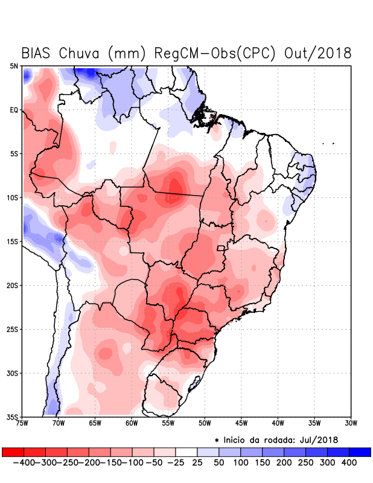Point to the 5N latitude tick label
pyautogui.click(x=14, y=66)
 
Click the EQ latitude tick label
pyautogui.click(x=14, y=110)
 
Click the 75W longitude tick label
pyautogui.click(x=23, y=423)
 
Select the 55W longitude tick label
pyautogui.click(x=168, y=423)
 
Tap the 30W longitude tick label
pyautogui.click(x=351, y=423)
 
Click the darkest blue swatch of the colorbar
pyautogui.click(x=360, y=452)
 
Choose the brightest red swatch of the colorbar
pyautogui.click(x=13, y=452)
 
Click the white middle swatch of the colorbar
pyautogui.click(x=186, y=452)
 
